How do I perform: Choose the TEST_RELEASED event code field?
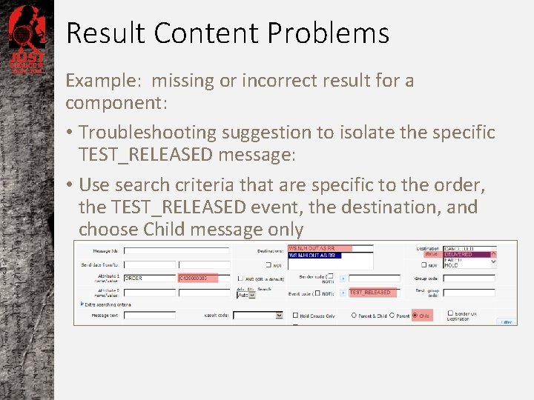[378, 293]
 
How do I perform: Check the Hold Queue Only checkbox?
[295, 316]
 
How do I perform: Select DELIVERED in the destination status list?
[468, 254]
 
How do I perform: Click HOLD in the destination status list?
[452, 265]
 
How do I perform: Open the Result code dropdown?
[279, 315]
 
